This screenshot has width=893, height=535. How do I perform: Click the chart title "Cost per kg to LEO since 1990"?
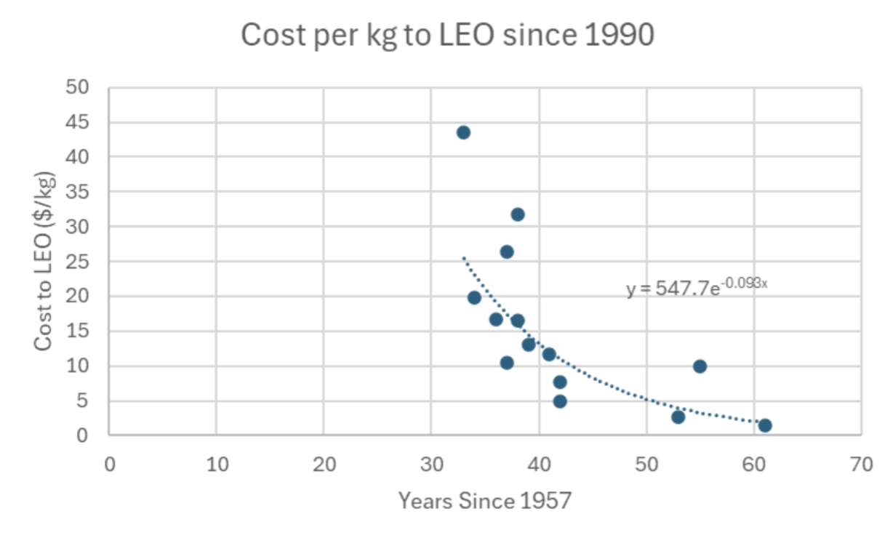[x=446, y=36]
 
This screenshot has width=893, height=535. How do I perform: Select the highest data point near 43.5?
[x=463, y=132]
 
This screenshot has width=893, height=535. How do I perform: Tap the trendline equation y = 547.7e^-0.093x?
[x=697, y=289]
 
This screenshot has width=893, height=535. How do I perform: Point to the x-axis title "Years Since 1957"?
[x=484, y=501]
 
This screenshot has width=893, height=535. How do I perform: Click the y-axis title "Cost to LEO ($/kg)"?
[x=43, y=262]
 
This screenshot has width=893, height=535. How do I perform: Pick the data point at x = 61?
[x=764, y=425]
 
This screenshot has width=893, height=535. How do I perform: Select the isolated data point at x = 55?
[x=700, y=366]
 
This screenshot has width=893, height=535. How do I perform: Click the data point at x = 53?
[x=678, y=417]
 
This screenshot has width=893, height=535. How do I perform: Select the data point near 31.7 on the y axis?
[x=517, y=214]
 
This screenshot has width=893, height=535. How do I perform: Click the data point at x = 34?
[x=474, y=297]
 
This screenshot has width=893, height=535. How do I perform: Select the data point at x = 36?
[x=496, y=319]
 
